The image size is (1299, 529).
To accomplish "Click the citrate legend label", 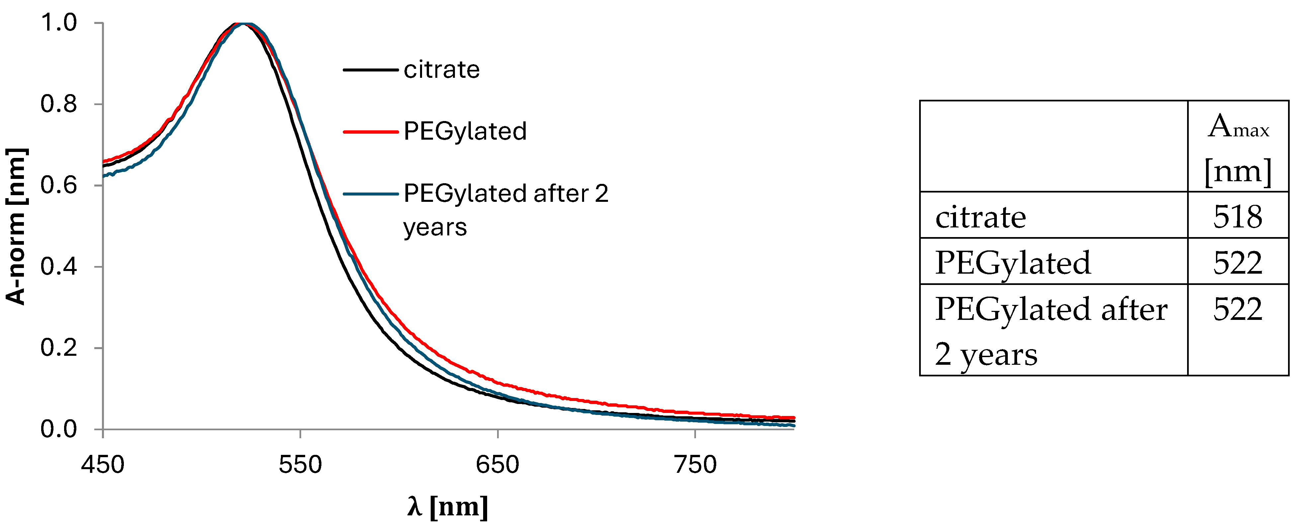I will pos(441,70).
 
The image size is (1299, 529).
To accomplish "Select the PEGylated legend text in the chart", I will pos(465,131).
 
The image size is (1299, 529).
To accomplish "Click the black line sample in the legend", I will pos(371,70).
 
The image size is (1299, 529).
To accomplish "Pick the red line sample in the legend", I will pos(371,132).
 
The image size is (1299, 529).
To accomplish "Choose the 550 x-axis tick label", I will pos(300,464).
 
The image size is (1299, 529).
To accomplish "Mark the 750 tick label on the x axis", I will pos(695,464).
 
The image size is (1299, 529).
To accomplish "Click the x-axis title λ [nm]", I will pos(447,506).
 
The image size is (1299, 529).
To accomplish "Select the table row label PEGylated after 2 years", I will pos(1051,331).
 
